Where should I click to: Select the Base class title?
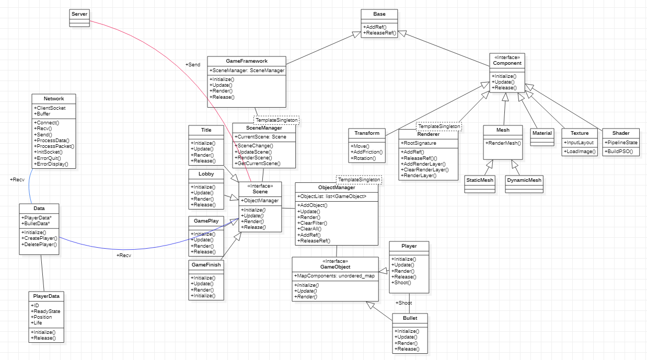[x=379, y=14]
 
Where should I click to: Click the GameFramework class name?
[x=247, y=61]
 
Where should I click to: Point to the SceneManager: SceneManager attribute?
[x=247, y=70]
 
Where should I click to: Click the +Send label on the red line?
[x=192, y=64]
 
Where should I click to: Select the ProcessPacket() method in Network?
[x=54, y=146]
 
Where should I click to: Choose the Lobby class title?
[x=206, y=174]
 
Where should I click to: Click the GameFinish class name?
[x=206, y=265]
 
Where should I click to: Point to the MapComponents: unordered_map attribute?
[x=334, y=275]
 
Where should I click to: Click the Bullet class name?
[x=410, y=318]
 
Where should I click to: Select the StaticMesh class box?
[x=479, y=180]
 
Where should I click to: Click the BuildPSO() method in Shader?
[x=618, y=152]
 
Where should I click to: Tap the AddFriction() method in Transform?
[x=367, y=152]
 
